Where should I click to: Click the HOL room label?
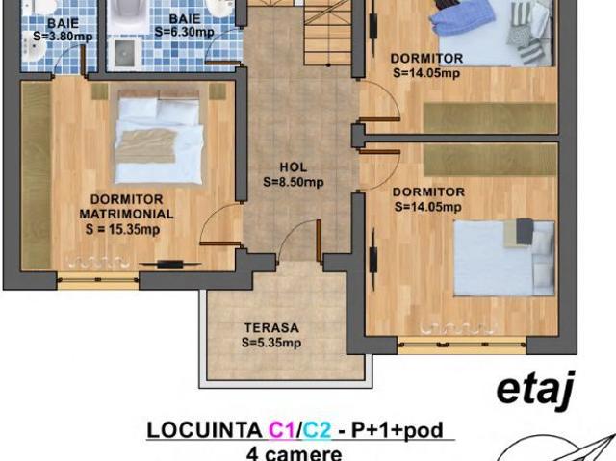click(x=293, y=167)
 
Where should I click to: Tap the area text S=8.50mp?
click(x=294, y=182)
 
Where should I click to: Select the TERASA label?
click(x=271, y=328)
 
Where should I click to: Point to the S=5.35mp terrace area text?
click(x=271, y=343)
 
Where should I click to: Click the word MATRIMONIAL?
click(x=126, y=214)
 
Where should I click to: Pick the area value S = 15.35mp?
click(x=122, y=229)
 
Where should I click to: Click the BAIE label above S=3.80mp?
click(x=63, y=22)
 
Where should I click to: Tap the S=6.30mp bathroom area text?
click(x=184, y=32)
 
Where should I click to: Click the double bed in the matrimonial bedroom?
click(x=159, y=137)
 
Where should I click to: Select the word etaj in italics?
click(x=535, y=390)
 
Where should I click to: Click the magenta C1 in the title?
click(x=281, y=430)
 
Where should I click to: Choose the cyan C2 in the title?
click(x=317, y=430)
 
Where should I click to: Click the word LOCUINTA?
click(x=205, y=430)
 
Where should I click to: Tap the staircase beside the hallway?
click(x=327, y=34)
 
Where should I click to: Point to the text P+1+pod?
click(x=397, y=430)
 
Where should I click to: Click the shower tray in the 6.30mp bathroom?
click(x=124, y=53)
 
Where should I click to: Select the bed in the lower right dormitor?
click(x=504, y=258)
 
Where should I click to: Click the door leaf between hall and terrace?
click(x=319, y=241)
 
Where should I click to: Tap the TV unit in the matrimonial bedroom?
click(x=169, y=265)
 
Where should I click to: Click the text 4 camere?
click(x=294, y=453)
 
